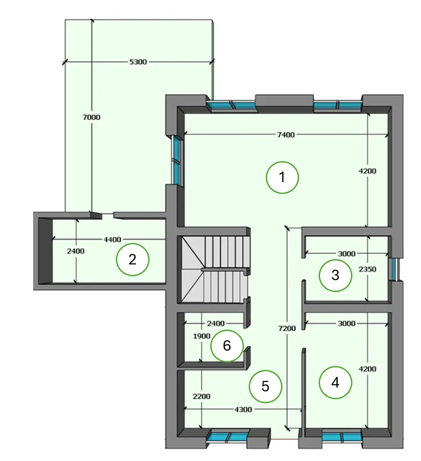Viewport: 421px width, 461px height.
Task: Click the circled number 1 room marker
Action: pos(282,177)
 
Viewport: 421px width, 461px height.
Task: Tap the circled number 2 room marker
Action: pos(133,259)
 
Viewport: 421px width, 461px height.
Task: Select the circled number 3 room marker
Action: pos(335,275)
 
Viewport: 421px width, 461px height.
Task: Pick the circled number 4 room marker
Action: pos(335,383)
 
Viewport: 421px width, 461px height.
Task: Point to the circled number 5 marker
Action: pos(265,386)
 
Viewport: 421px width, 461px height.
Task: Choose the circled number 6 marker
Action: pos(227,345)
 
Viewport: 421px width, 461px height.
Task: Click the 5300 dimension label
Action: pos(138,62)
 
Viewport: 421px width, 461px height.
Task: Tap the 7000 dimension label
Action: pos(92,117)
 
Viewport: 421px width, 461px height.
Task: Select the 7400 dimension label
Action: pos(286,135)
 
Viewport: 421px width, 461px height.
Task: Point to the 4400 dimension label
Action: pos(112,239)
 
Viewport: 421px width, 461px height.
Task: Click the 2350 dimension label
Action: pos(367,269)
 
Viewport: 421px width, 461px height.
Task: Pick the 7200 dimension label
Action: pos(287,328)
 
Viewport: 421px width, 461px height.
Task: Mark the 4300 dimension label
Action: pos(243,409)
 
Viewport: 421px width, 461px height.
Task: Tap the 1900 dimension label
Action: pos(202,336)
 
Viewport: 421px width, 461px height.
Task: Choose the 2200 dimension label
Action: pos(202,397)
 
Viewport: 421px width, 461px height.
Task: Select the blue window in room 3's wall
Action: pos(393,269)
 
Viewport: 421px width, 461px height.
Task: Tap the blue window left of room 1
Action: pos(177,160)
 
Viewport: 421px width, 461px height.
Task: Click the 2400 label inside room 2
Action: pos(76,251)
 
